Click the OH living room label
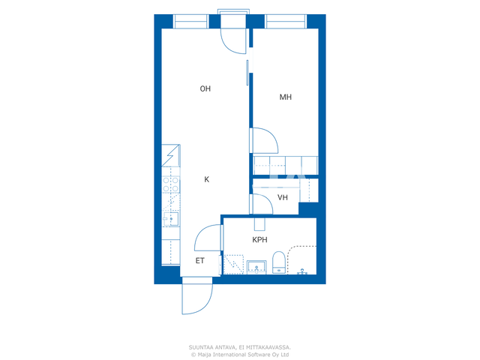[x=205, y=88]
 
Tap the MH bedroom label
[x=285, y=97]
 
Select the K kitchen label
[x=207, y=179]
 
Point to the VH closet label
[x=283, y=197]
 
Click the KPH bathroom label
[x=259, y=240]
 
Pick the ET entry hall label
[x=200, y=261]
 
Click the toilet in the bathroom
[x=278, y=262]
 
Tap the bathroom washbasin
[x=256, y=267]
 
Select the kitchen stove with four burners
[x=170, y=184]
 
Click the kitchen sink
[x=171, y=219]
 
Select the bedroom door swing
[x=265, y=140]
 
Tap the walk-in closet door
[x=261, y=204]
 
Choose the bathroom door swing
[x=208, y=238]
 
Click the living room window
[x=191, y=22]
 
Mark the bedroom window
[x=286, y=22]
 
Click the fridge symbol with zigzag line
[x=171, y=155]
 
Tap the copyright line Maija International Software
[x=240, y=355]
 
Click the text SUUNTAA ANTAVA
[x=212, y=347]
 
